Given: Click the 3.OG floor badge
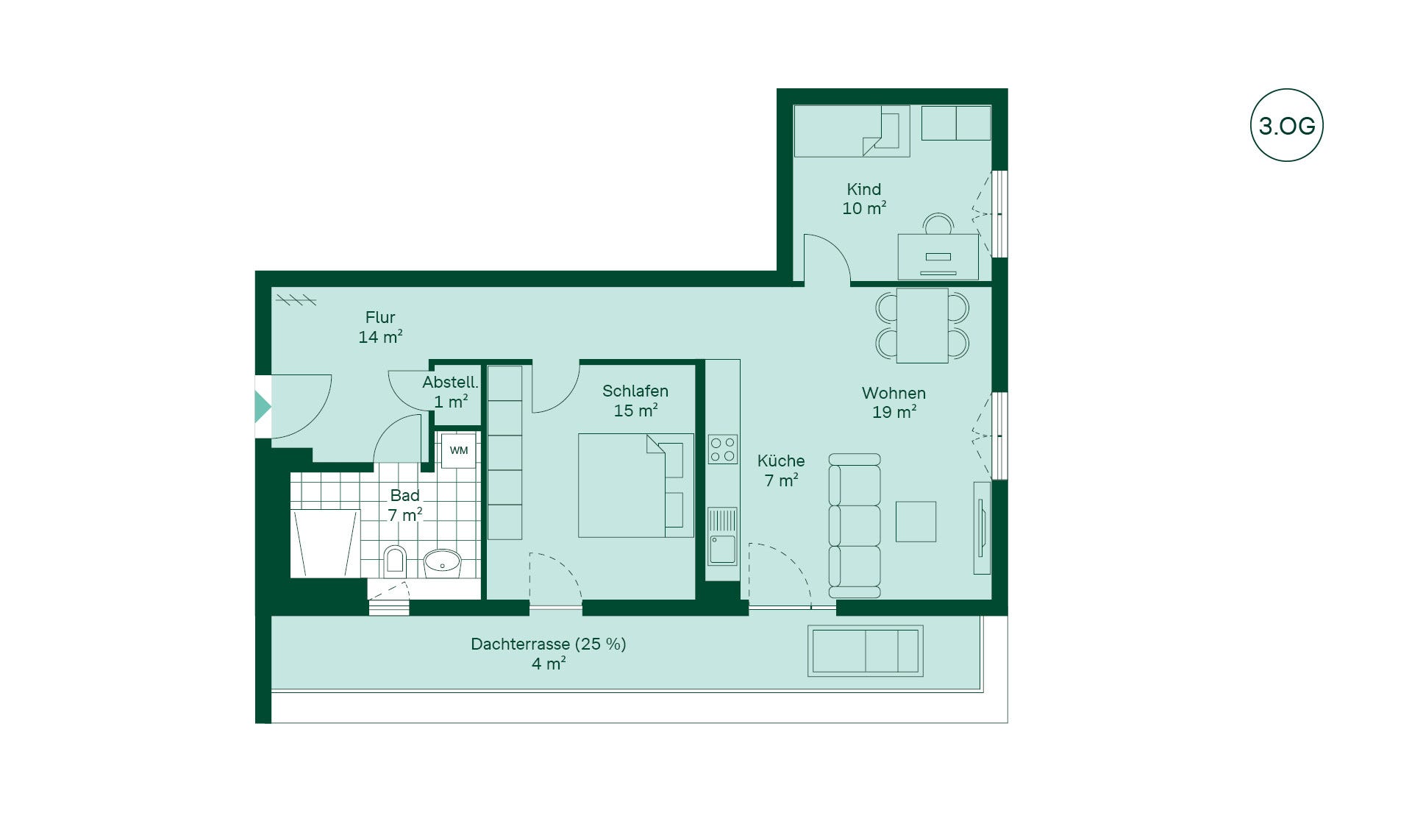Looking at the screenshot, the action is point(1286,125).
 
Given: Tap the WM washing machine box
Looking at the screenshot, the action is point(458,450).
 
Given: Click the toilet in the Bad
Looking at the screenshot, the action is point(395,561).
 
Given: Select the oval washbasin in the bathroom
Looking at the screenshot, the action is point(442,564).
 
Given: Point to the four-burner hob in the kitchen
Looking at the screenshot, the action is point(722,450).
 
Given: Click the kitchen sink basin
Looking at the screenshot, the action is point(722,549).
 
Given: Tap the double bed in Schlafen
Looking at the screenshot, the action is point(635,486).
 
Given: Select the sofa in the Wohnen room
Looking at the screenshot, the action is point(855,525).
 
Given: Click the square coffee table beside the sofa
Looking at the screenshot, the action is point(916,522).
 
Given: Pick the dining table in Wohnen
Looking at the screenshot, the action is point(922,325).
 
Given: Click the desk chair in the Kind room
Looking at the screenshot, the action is point(938,224).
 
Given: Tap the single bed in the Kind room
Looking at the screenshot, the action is point(852,131).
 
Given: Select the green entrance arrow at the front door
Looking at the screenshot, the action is point(263,406).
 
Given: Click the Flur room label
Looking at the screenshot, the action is point(380,317).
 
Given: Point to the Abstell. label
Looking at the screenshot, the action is point(450,383).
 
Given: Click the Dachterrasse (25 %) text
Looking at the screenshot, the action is point(549,644).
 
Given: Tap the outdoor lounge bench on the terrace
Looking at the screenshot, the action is point(866,651).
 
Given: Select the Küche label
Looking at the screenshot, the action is point(781,461).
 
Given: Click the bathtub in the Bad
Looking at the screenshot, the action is point(325,543).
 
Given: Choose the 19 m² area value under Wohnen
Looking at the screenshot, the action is point(894,412).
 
